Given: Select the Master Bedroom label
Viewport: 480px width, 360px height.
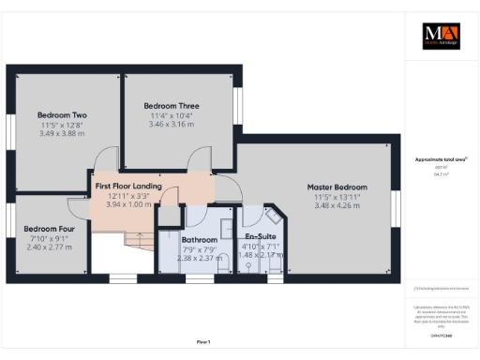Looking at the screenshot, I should click(x=337, y=187).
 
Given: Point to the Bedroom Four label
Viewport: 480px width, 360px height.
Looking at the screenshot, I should click(x=50, y=229).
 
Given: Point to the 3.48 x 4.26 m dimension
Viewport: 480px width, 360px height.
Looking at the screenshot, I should click(x=337, y=205).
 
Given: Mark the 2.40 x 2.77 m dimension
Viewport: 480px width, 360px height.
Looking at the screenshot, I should click(x=50, y=247).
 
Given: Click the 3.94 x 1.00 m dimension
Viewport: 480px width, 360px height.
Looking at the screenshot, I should click(x=129, y=204).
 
